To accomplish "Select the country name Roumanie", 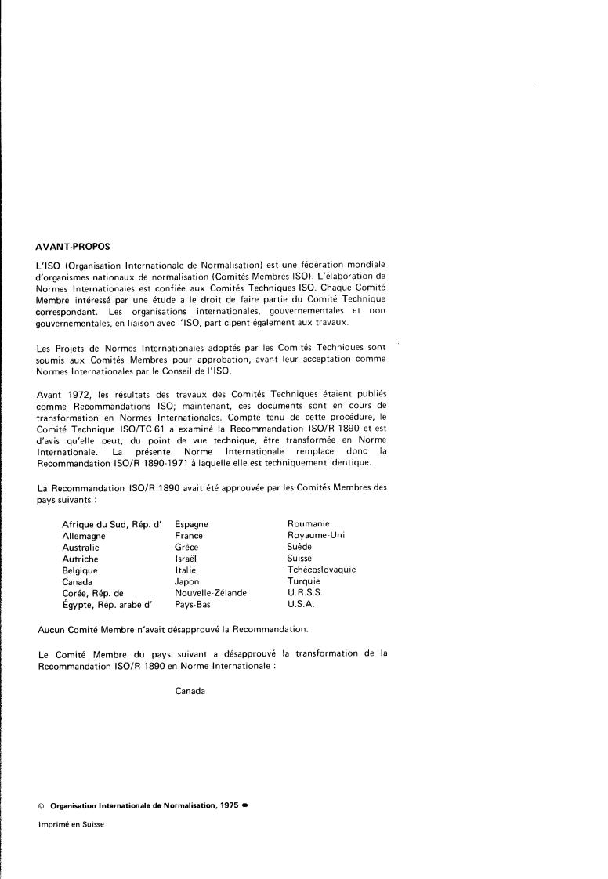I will [x=309, y=523].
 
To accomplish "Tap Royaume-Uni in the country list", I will [x=316, y=535].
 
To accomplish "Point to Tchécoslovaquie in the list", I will [x=321, y=570].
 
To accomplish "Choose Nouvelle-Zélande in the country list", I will [x=211, y=593].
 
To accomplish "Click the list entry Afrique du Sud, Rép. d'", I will [x=111, y=523].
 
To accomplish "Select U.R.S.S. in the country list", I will [x=306, y=593].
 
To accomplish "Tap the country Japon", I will [x=187, y=581].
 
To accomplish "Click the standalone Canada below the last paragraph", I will [x=190, y=691].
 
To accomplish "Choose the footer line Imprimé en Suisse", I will [x=71, y=825].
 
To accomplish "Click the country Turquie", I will [x=304, y=581].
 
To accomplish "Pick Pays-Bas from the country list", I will [x=193, y=605].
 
